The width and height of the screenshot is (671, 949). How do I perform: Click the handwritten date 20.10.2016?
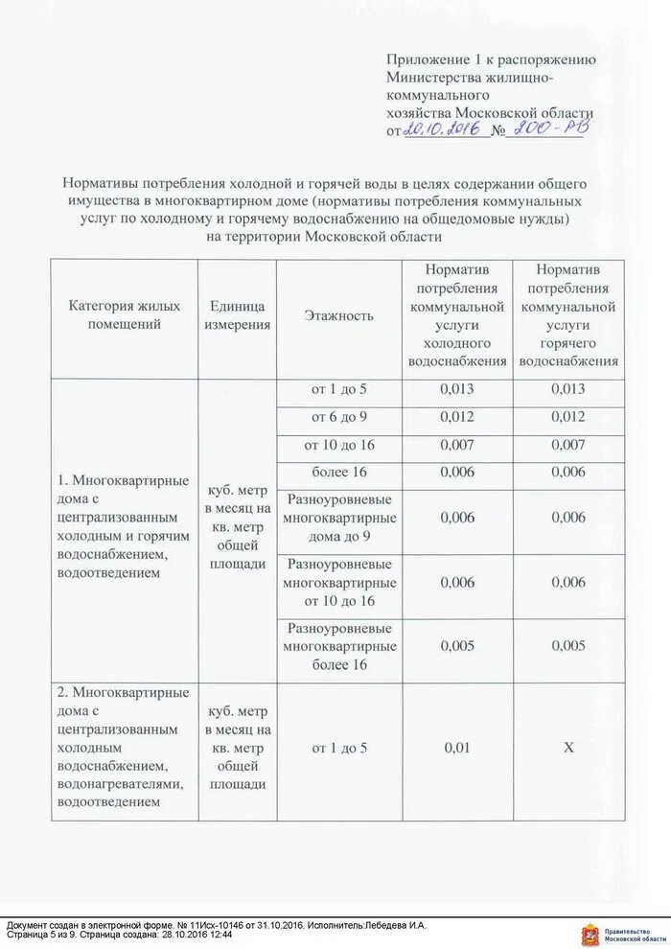pyautogui.click(x=444, y=128)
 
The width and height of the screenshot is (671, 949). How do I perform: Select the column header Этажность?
pyautogui.click(x=338, y=315)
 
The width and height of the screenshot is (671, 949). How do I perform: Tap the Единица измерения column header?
pyautogui.click(x=237, y=315)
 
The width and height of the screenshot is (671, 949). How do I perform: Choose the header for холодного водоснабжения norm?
pyautogui.click(x=456, y=315)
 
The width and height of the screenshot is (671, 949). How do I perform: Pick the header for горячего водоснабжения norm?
pyautogui.click(x=567, y=315)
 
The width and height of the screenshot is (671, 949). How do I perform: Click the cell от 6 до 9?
pyautogui.click(x=338, y=418)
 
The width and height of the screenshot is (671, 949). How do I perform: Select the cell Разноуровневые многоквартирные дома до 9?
pyautogui.click(x=338, y=518)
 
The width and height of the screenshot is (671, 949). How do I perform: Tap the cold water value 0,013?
pyautogui.click(x=456, y=389)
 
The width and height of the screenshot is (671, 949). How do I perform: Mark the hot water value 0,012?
pyautogui.click(x=567, y=418)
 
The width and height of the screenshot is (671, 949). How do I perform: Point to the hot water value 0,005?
pyautogui.click(x=567, y=646)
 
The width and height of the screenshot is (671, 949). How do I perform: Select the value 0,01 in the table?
pyautogui.click(x=456, y=748)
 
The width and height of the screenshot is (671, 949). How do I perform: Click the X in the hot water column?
pyautogui.click(x=567, y=748)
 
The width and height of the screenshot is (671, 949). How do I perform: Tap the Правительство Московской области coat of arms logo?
pyautogui.click(x=591, y=932)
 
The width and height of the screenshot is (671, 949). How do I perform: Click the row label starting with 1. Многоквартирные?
pyautogui.click(x=122, y=527)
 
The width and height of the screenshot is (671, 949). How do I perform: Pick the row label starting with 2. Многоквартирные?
pyautogui.click(x=122, y=748)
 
